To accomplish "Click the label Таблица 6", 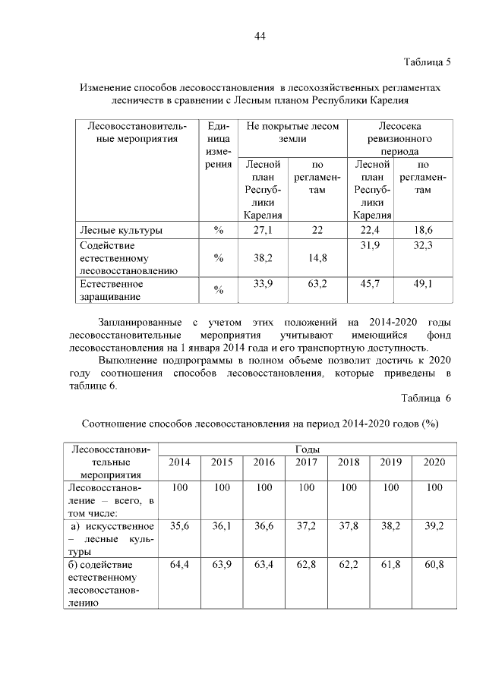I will click(425, 398).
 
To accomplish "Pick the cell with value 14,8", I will click(318, 258).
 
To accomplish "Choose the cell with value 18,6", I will click(423, 229).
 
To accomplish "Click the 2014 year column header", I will click(179, 462).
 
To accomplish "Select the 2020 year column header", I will click(434, 462).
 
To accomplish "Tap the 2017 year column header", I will click(306, 462).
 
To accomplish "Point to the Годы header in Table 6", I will click(306, 449).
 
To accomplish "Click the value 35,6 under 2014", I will click(179, 526).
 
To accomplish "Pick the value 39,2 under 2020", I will click(434, 526).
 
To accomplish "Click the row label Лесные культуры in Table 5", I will click(120, 229).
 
